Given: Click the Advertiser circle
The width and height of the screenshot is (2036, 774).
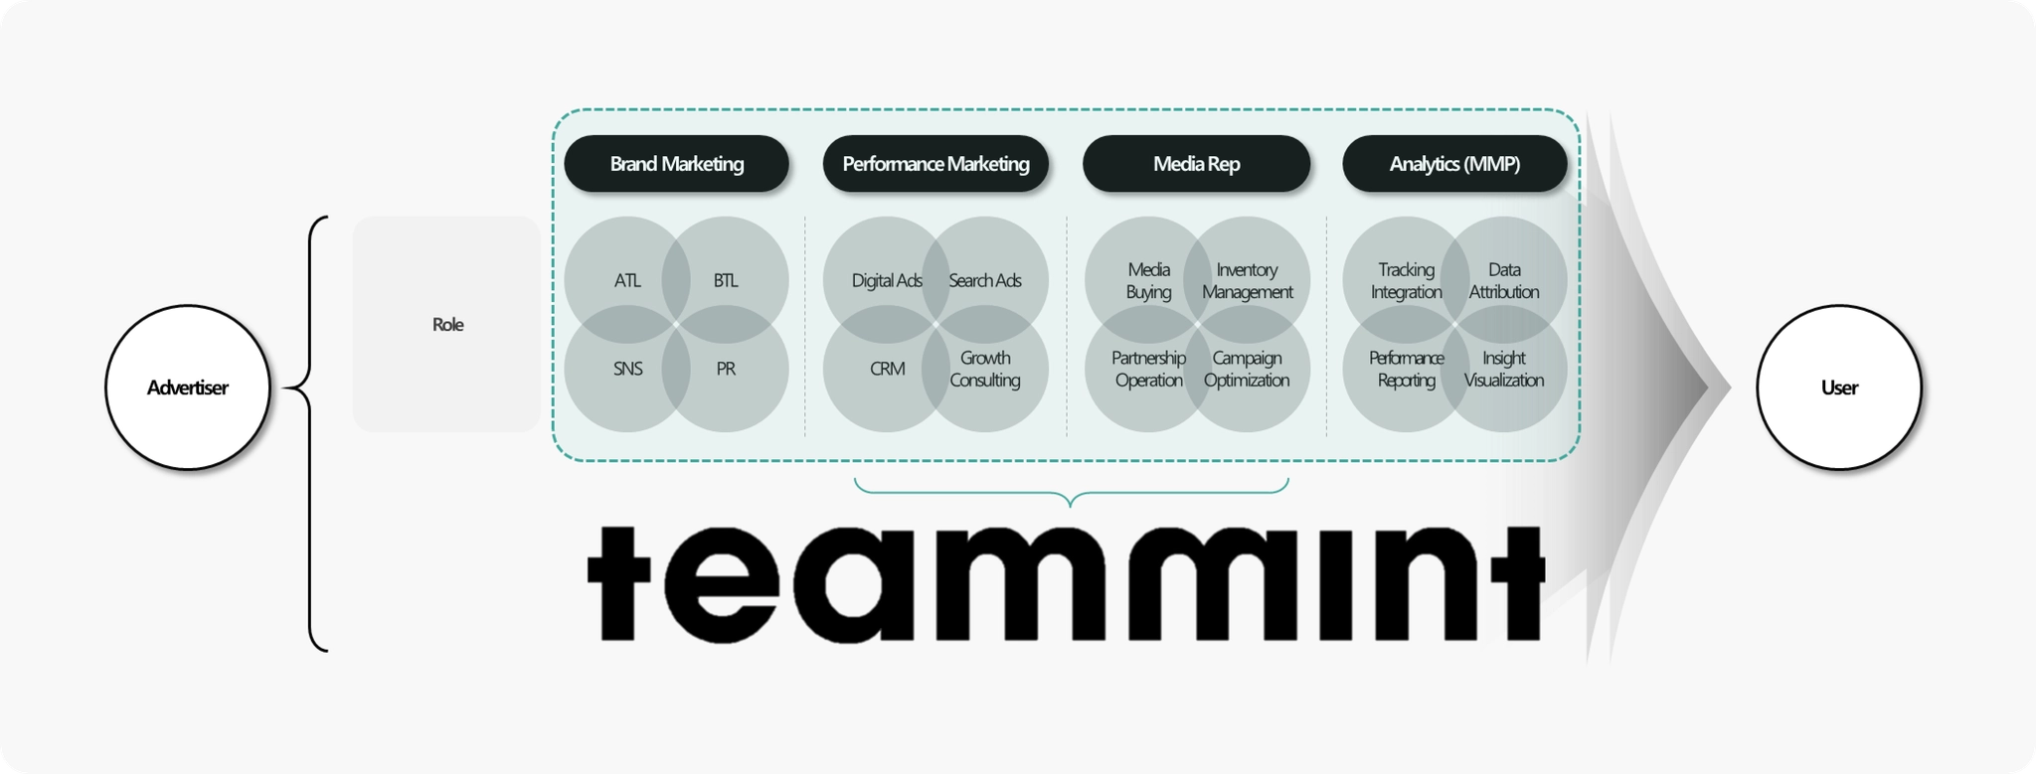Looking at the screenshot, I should [x=187, y=387].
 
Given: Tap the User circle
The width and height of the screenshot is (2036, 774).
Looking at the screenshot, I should [x=1838, y=387].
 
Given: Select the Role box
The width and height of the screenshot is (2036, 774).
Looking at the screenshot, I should [x=446, y=324].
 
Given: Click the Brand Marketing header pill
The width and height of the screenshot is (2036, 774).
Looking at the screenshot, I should [x=676, y=164].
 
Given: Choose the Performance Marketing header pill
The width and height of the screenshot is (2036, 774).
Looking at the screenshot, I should [x=935, y=164].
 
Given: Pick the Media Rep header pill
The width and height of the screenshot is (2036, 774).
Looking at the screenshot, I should [x=1196, y=164].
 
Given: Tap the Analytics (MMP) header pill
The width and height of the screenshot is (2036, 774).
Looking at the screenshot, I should [x=1454, y=164].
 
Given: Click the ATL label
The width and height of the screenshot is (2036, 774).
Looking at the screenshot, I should [x=627, y=281].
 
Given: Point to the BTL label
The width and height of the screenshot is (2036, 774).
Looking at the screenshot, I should [x=726, y=281].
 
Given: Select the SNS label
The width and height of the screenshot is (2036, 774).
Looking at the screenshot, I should [x=627, y=369].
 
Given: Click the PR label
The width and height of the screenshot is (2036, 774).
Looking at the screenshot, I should [x=726, y=369].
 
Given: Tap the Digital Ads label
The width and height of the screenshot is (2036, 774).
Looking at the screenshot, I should [x=887, y=281].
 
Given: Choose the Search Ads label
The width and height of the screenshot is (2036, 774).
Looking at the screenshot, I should [x=984, y=281].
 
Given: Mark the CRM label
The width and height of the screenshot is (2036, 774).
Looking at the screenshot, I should [x=887, y=369].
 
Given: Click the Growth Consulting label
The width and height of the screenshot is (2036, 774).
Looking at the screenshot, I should [x=984, y=369].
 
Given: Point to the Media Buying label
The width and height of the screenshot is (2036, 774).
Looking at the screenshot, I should [x=1148, y=281].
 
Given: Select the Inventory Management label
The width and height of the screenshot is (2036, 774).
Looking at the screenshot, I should [x=1247, y=281].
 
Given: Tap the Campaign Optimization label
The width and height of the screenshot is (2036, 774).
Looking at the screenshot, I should [x=1247, y=369].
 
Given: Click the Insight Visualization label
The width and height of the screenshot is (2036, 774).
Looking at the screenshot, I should [x=1503, y=369].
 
